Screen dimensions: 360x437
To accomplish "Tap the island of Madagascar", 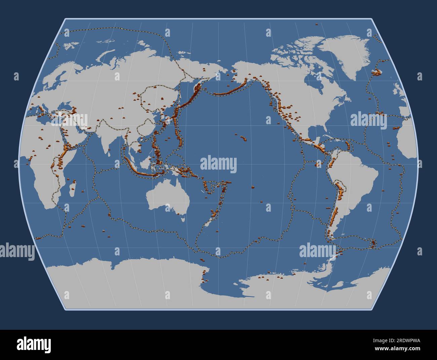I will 72,189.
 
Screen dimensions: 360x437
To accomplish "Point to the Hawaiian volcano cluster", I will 242,138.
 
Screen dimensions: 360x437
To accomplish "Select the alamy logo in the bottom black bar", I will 34,345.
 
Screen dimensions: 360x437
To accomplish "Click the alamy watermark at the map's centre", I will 218,165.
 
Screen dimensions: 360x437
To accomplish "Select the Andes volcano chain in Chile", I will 334,215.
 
